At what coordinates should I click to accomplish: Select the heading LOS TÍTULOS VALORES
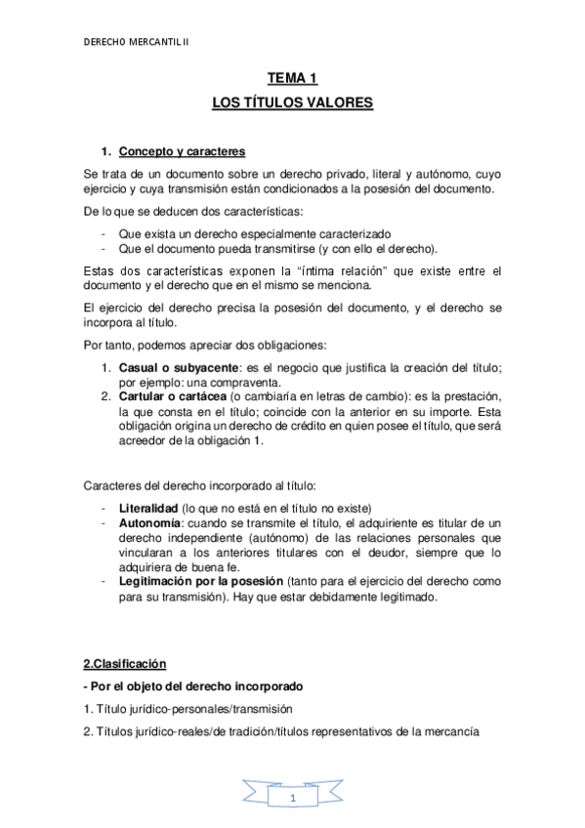pyautogui.click(x=292, y=101)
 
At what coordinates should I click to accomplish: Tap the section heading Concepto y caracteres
pyautogui.click(x=182, y=151)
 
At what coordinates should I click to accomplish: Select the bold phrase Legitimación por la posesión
pyautogui.click(x=204, y=582)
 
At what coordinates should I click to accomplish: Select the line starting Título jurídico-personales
pyautogui.click(x=188, y=709)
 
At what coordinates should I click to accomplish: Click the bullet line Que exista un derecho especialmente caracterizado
pyautogui.click(x=254, y=233)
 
